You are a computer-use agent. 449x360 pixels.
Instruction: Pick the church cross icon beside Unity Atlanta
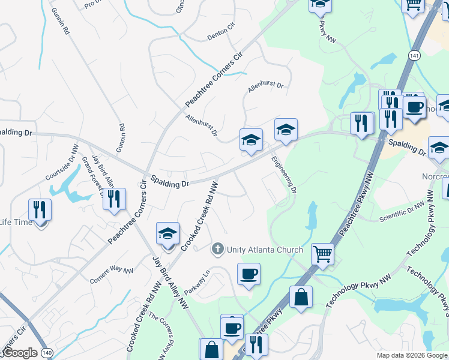click(217, 248)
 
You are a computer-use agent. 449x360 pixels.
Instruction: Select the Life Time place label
click(17, 222)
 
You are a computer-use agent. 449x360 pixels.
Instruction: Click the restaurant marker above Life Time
click(40, 210)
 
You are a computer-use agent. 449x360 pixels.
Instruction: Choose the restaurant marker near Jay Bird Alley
click(114, 199)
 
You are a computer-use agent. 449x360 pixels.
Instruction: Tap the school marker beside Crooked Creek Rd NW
click(167, 234)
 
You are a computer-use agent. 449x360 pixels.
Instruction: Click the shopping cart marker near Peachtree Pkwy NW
click(322, 254)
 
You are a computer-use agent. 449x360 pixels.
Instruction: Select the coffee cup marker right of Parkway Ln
click(249, 275)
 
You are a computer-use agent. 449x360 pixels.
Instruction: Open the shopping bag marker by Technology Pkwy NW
click(301, 297)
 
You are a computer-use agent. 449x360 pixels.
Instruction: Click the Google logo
click(19, 353)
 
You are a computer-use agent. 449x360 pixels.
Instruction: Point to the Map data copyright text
click(411, 355)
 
